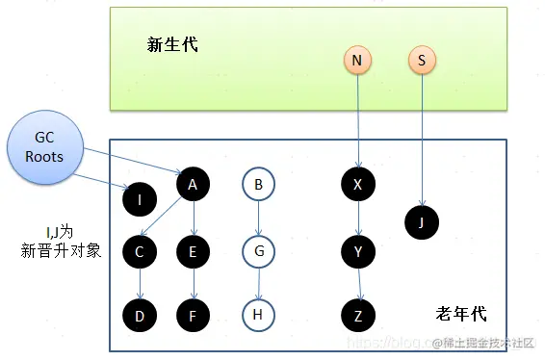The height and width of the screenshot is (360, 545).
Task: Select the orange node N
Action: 357,61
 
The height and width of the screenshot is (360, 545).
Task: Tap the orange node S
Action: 421,61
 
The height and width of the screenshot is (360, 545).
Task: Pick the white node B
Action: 258,184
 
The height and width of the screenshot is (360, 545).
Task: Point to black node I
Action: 141,199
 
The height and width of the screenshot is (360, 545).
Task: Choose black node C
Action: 141,253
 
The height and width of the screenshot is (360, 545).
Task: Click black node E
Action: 194,253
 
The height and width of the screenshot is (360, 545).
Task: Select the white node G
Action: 258,253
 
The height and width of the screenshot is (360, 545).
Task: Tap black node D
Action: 141,314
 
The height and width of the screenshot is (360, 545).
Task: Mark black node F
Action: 194,314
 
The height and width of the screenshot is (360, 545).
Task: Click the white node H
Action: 258,314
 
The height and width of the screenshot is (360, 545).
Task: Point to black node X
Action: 358,184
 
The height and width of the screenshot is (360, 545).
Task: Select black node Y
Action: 358,253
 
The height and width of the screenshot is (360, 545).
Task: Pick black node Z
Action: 358,314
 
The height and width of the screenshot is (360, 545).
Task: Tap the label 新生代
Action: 172,44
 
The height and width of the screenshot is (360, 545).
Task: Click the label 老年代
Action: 460,314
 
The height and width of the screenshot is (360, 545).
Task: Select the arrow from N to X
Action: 357,120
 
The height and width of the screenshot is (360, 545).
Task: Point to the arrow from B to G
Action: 258,219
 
